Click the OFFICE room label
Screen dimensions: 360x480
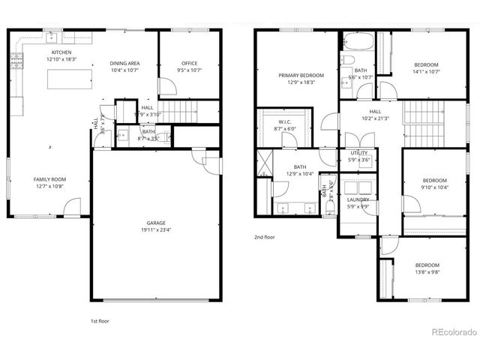(x=189, y=64)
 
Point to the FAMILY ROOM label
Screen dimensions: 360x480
(x=49, y=179)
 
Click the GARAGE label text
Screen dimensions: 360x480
(x=156, y=223)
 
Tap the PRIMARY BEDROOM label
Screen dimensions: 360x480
(x=301, y=76)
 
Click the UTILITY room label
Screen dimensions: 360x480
(x=359, y=153)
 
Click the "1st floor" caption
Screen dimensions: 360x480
(x=100, y=321)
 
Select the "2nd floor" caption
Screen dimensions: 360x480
(x=263, y=237)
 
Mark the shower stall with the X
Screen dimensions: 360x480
(x=262, y=162)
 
